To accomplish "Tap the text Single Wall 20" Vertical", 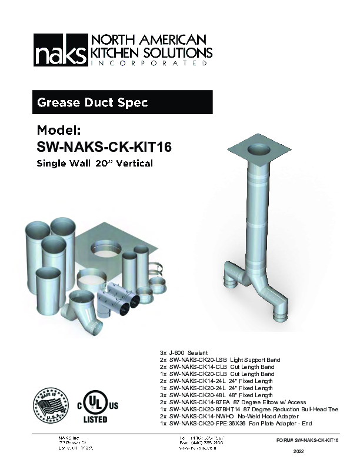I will [95, 163].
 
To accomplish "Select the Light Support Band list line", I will [219, 360].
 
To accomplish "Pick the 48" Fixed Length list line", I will [216, 395].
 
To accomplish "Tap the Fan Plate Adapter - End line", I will [235, 424].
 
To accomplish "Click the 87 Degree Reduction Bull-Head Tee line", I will [248, 410].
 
